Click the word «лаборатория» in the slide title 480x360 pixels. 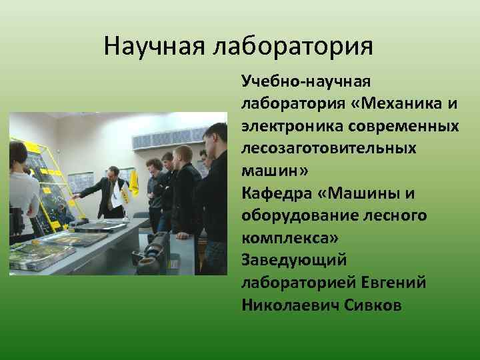click(x=293, y=46)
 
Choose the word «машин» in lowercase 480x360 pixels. click(x=271, y=170)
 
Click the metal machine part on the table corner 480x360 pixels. click(x=152, y=253)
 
